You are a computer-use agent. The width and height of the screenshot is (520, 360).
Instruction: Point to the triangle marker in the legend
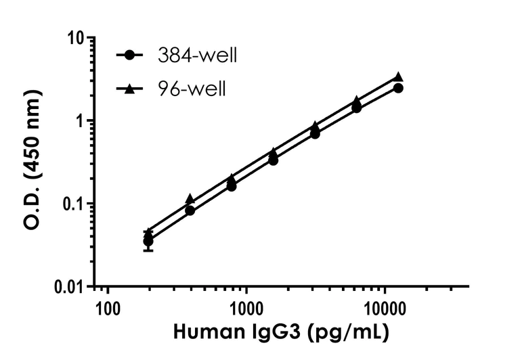tap(129, 87)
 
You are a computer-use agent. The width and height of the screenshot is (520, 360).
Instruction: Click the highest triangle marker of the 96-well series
tap(398, 77)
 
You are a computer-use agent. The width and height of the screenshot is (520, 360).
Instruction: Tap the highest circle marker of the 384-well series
tap(398, 88)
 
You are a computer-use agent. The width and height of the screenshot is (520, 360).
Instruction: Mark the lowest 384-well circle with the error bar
tap(148, 241)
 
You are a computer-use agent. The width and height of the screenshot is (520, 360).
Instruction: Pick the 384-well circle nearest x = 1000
tap(232, 185)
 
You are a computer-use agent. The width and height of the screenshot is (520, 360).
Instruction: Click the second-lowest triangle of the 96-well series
tap(190, 199)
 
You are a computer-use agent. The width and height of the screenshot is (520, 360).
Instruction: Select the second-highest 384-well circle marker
tap(357, 108)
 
